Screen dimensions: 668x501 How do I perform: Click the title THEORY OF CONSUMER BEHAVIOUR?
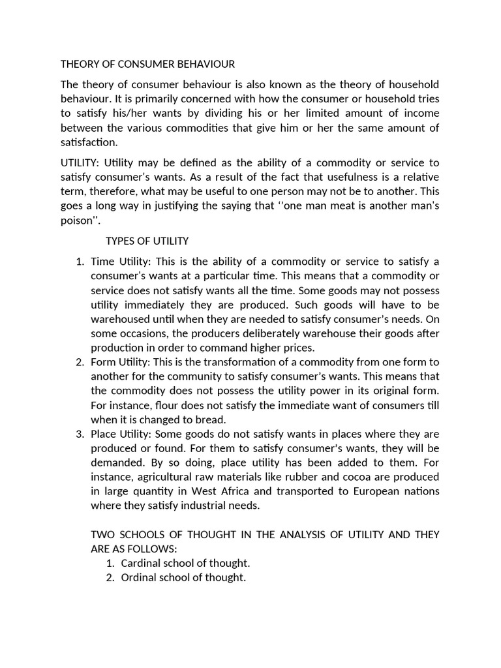point(147,64)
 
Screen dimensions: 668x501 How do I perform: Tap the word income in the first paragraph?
point(421,113)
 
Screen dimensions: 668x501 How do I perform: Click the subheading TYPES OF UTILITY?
point(147,241)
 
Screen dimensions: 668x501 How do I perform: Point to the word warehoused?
point(122,319)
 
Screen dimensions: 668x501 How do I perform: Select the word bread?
point(209,419)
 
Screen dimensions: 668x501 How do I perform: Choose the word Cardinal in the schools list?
point(143,563)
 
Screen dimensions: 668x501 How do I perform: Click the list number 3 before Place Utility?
point(80,434)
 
